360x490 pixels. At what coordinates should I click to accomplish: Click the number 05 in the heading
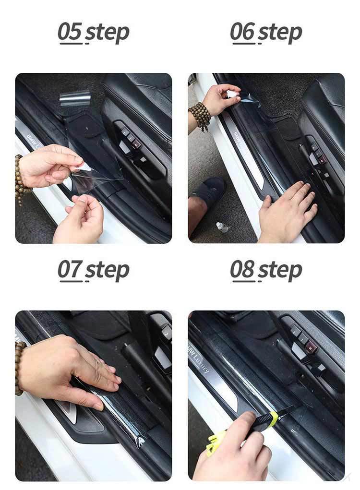[x=70, y=32]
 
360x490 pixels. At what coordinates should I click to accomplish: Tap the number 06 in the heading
[x=242, y=32]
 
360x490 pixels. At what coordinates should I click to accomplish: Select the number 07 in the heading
[x=70, y=269]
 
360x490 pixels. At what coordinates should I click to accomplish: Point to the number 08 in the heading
[x=242, y=269]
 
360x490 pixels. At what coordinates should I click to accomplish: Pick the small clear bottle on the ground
[x=222, y=227]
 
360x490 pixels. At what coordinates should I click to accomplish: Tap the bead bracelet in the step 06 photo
[x=200, y=116]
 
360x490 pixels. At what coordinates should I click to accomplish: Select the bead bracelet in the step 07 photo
[x=19, y=368]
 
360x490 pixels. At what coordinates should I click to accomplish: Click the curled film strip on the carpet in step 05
[x=75, y=100]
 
